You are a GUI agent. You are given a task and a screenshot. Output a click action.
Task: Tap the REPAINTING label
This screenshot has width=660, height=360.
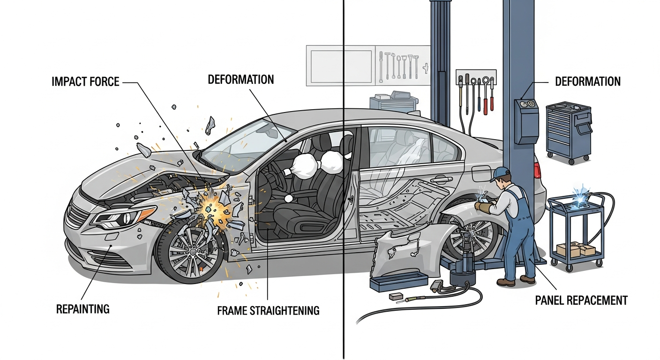[x=82, y=309]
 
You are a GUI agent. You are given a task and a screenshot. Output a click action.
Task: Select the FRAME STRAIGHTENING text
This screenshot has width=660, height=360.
[x=268, y=310]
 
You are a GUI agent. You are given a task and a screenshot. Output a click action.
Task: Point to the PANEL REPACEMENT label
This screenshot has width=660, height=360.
[x=581, y=300]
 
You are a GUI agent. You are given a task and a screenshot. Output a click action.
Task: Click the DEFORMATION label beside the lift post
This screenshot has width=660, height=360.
[x=587, y=82]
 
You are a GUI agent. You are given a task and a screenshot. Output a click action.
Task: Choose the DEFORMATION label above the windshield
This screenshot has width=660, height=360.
[x=240, y=79]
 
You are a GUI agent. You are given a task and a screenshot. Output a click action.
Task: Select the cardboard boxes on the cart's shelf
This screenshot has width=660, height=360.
[x=575, y=249]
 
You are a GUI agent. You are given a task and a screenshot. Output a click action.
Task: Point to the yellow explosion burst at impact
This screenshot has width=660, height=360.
[x=211, y=209]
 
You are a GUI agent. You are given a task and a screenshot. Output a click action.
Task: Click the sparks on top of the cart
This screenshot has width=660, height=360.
[x=577, y=195]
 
